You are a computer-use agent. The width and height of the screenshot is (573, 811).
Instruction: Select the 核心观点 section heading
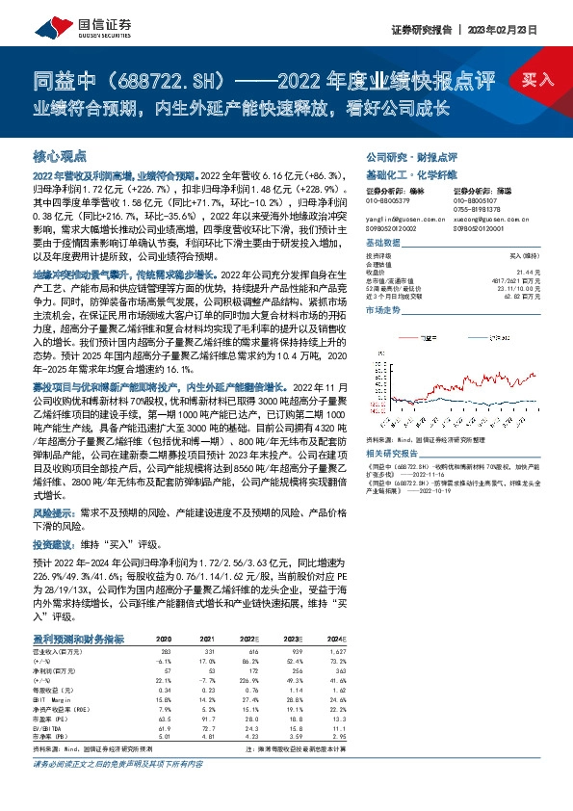click(60, 155)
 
